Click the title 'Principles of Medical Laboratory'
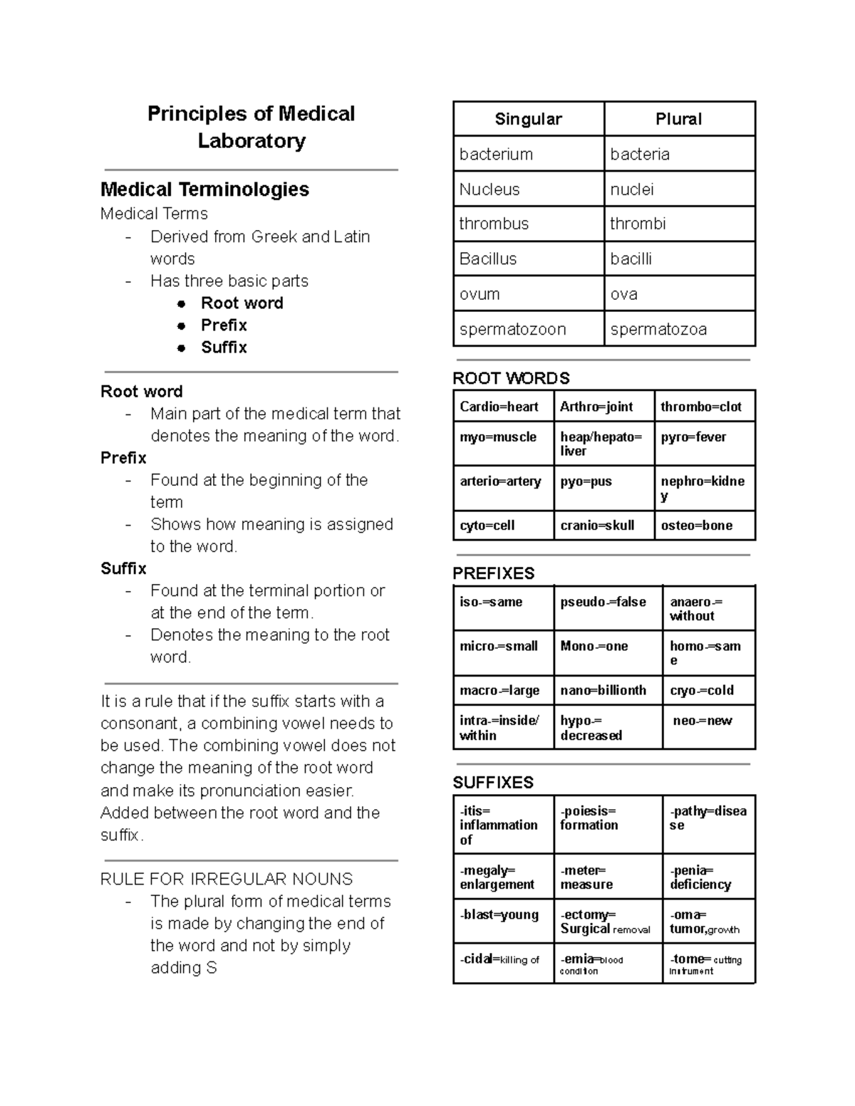click(x=251, y=127)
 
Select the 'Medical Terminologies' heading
click(x=204, y=189)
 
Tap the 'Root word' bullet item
click(x=242, y=303)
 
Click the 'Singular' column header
click(x=528, y=120)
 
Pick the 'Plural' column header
click(x=678, y=120)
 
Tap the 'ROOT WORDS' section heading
click(x=511, y=378)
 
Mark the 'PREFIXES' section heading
click(x=493, y=573)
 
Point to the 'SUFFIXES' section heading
click(x=493, y=783)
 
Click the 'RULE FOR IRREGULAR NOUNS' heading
click(x=227, y=880)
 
